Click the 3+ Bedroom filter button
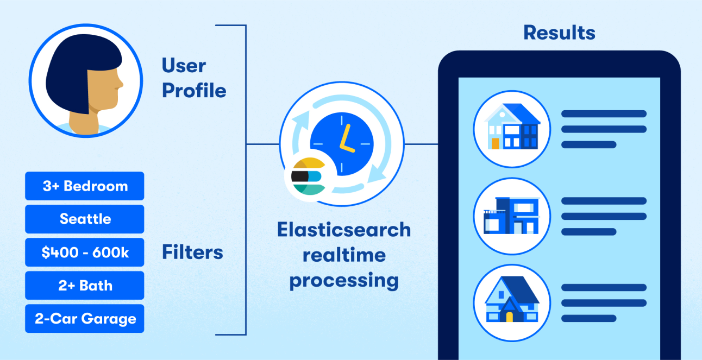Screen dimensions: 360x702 click(x=85, y=186)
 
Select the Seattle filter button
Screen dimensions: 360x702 click(x=85, y=219)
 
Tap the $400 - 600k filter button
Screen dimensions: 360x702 click(x=85, y=252)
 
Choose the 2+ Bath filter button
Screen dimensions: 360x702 click(x=85, y=286)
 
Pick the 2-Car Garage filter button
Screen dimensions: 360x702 click(x=85, y=319)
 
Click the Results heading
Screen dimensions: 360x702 click(x=559, y=33)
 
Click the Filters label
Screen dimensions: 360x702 click(x=192, y=252)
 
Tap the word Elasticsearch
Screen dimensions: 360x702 click(x=344, y=230)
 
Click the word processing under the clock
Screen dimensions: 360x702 click(x=344, y=281)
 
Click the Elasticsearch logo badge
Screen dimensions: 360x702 click(x=308, y=176)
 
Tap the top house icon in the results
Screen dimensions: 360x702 click(x=512, y=129)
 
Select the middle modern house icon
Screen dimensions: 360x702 click(x=512, y=216)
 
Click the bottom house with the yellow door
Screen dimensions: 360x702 click(x=512, y=302)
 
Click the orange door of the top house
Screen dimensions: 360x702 click(x=495, y=143)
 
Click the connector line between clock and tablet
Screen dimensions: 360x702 click(x=421, y=144)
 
